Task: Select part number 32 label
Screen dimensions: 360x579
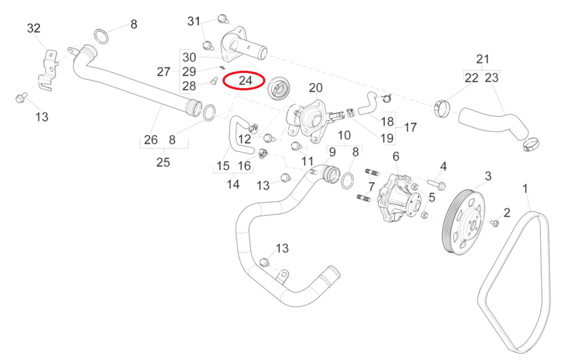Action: point(34,28)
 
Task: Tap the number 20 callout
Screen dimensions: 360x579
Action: point(315,88)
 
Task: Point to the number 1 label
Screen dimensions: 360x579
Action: point(525,188)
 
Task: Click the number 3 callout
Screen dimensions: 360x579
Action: point(488,176)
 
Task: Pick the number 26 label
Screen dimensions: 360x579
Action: point(151,140)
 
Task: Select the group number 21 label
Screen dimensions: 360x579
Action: point(482,59)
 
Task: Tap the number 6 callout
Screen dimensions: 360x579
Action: point(396,157)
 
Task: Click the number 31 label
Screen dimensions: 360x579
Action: point(194,21)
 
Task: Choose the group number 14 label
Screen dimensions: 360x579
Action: point(233,184)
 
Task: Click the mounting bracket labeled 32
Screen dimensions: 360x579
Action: point(49,71)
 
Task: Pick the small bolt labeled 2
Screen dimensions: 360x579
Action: point(494,223)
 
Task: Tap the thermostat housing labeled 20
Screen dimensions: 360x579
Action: point(308,120)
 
